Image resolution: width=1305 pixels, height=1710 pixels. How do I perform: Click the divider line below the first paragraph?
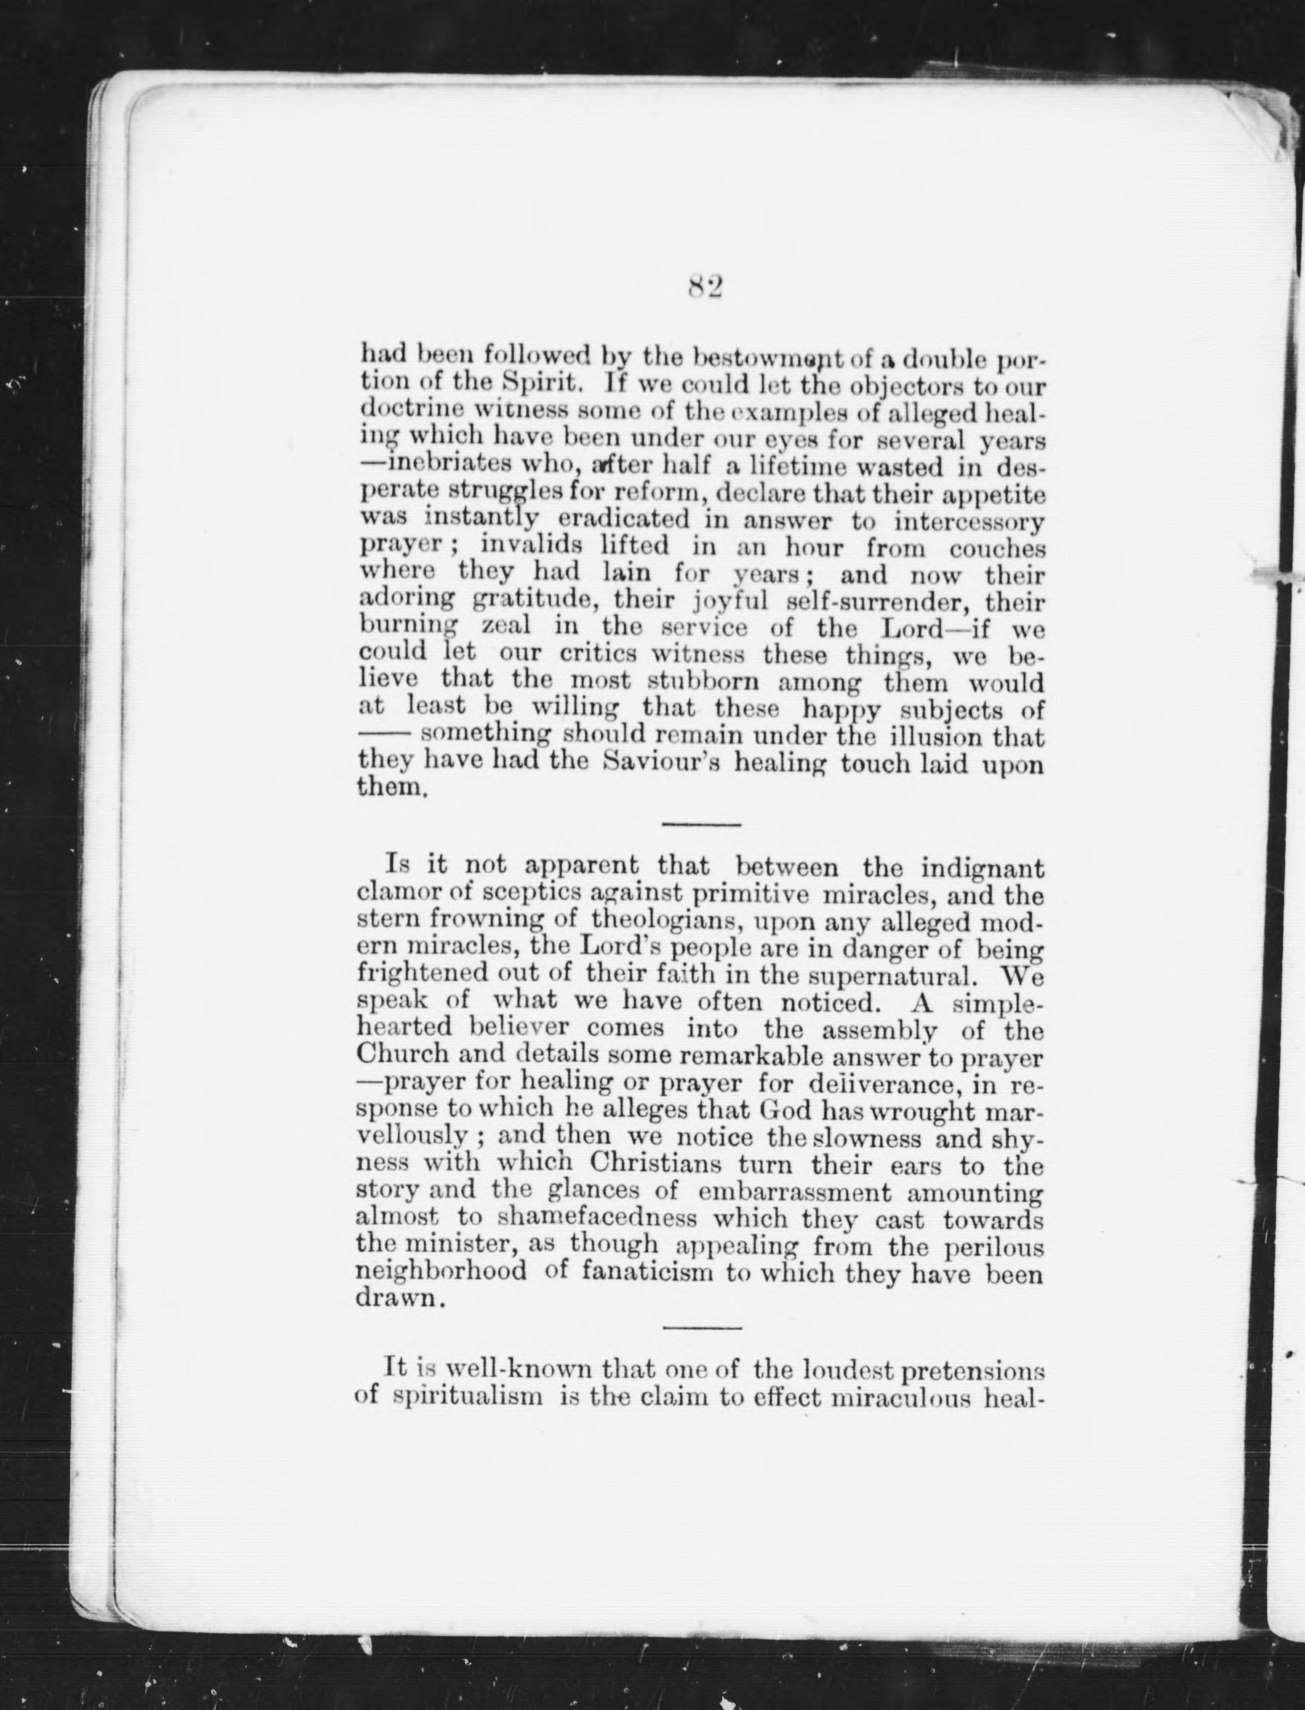tap(702, 824)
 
